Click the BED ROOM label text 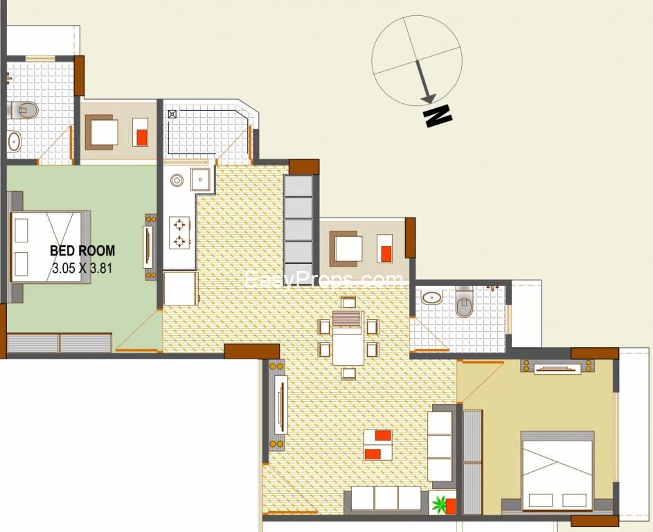pyautogui.click(x=82, y=251)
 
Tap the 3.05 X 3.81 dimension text pyautogui.click(x=82, y=267)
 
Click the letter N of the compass pyautogui.click(x=437, y=116)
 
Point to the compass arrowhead pyautogui.click(x=428, y=98)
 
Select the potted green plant pyautogui.click(x=439, y=504)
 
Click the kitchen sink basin pyautogui.click(x=201, y=179)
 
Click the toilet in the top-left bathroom pyautogui.click(x=25, y=110)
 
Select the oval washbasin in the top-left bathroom pyautogui.click(x=15, y=141)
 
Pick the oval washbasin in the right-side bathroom pyautogui.click(x=432, y=297)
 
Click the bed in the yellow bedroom pyautogui.click(x=557, y=471)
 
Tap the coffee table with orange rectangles pyautogui.click(x=377, y=445)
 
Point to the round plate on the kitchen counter pyautogui.click(x=177, y=180)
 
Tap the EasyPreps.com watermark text pyautogui.click(x=324, y=280)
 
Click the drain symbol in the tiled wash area pyautogui.click(x=172, y=114)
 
